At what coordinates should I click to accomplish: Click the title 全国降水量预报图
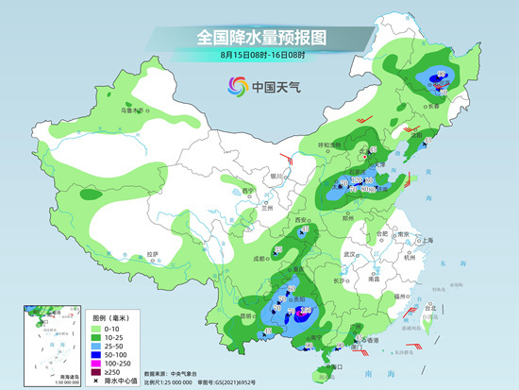(x=259, y=36)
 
